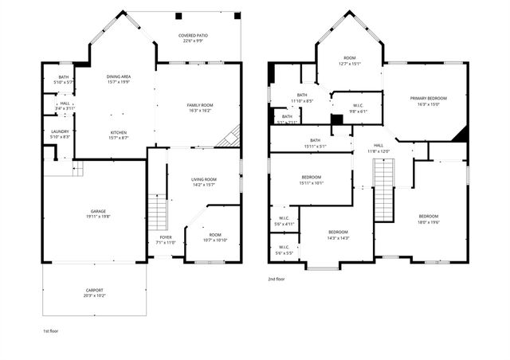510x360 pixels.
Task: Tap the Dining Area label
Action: pyautogui.click(x=119, y=76)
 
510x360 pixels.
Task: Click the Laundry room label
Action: pyautogui.click(x=60, y=132)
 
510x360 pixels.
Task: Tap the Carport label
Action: pyautogui.click(x=94, y=290)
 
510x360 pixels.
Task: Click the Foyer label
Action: pyautogui.click(x=165, y=237)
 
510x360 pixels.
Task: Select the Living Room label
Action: pyautogui.click(x=204, y=179)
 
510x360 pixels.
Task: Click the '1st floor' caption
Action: pyautogui.click(x=51, y=330)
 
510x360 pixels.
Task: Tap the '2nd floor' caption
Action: pyautogui.click(x=277, y=280)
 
